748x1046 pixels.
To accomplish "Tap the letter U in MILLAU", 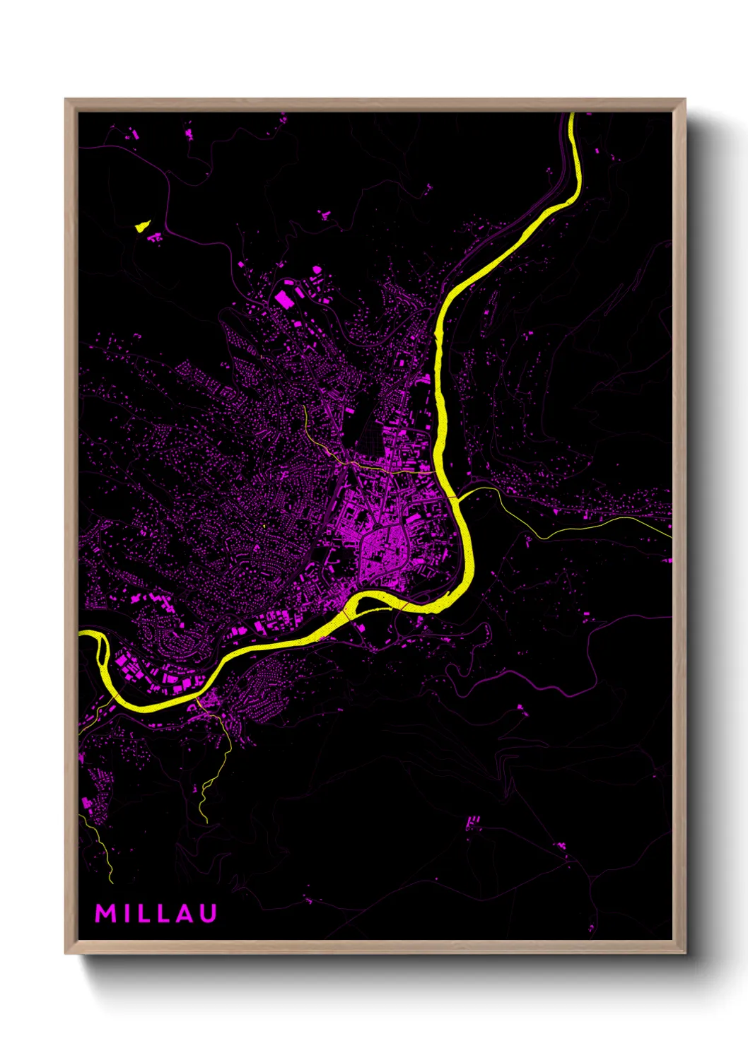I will (208, 913).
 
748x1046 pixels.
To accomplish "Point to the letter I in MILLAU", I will (126, 913).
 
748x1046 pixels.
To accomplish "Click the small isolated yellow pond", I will (143, 226).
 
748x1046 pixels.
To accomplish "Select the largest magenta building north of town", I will (285, 299).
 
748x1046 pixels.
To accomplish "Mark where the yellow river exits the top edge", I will (572, 115).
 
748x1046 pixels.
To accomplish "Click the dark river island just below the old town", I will (382, 601).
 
